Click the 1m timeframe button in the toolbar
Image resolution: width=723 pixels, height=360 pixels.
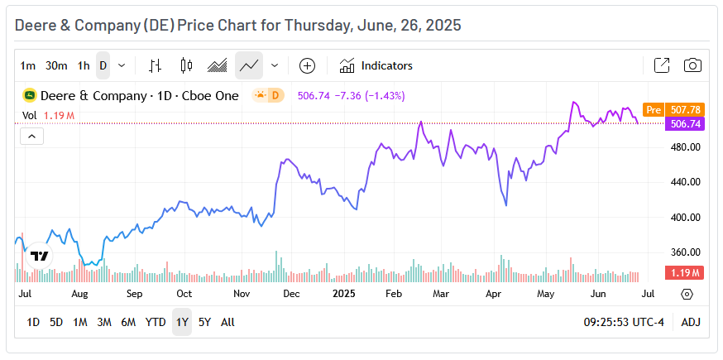click(x=28, y=65)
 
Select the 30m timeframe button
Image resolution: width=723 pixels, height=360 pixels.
click(x=56, y=65)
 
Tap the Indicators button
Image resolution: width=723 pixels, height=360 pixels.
click(x=376, y=65)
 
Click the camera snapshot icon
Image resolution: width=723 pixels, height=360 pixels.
click(x=693, y=65)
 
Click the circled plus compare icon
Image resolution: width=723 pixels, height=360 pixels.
click(x=307, y=65)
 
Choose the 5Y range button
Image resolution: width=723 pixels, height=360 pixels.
click(x=204, y=322)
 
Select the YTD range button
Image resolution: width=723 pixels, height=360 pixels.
click(x=156, y=322)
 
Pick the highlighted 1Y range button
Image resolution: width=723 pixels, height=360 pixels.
click(x=181, y=322)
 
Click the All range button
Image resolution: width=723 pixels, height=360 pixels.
click(x=227, y=322)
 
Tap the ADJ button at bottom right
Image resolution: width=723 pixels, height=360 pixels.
click(x=691, y=322)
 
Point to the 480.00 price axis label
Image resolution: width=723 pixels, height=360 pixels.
click(x=684, y=147)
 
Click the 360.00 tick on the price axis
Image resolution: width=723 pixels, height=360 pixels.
click(x=684, y=252)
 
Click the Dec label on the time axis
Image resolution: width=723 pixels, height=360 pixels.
click(x=290, y=294)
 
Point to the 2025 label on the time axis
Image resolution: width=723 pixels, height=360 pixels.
click(x=343, y=294)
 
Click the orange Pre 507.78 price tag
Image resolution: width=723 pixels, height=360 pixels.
click(x=673, y=109)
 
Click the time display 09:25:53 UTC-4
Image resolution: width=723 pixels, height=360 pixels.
click(x=625, y=322)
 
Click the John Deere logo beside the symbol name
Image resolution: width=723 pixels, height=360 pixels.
click(x=30, y=95)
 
